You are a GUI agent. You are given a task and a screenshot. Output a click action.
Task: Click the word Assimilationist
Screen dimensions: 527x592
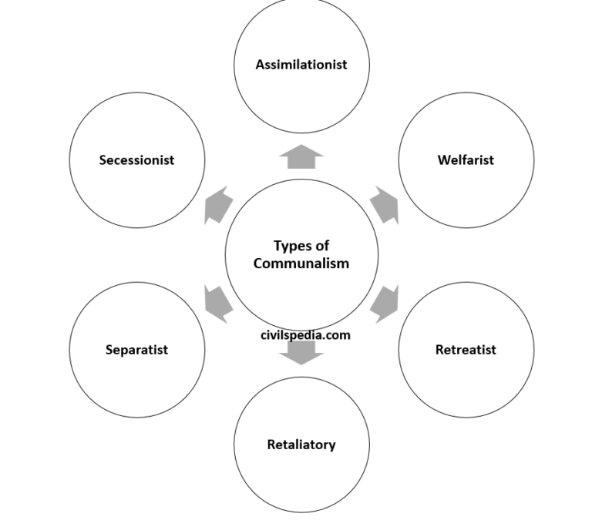click(301, 65)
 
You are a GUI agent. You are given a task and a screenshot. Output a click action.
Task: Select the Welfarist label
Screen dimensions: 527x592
click(466, 160)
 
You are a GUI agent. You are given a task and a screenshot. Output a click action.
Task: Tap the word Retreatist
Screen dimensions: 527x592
click(466, 350)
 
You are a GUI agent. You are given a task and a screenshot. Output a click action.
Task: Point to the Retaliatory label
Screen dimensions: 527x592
click(301, 445)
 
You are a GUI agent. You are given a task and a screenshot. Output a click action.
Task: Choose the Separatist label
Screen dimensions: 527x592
click(136, 350)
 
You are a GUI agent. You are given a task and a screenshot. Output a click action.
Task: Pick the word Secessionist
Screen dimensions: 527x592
click(136, 160)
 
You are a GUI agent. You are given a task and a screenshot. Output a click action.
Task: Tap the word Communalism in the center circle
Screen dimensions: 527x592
click(301, 263)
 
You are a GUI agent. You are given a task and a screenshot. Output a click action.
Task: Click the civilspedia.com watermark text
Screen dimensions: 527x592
click(305, 335)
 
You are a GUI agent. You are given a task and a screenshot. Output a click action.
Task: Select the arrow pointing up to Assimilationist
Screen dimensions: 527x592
click(301, 156)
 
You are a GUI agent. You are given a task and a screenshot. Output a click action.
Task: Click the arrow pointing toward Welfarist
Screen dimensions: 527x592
click(385, 205)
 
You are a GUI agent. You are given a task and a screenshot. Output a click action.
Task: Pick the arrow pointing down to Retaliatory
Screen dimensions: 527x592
click(301, 352)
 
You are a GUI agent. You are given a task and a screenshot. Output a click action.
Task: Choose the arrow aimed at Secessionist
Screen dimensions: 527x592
click(218, 205)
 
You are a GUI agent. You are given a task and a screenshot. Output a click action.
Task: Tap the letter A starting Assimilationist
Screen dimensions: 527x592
click(260, 65)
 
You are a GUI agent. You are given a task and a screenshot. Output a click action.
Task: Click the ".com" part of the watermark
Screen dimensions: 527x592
click(338, 335)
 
